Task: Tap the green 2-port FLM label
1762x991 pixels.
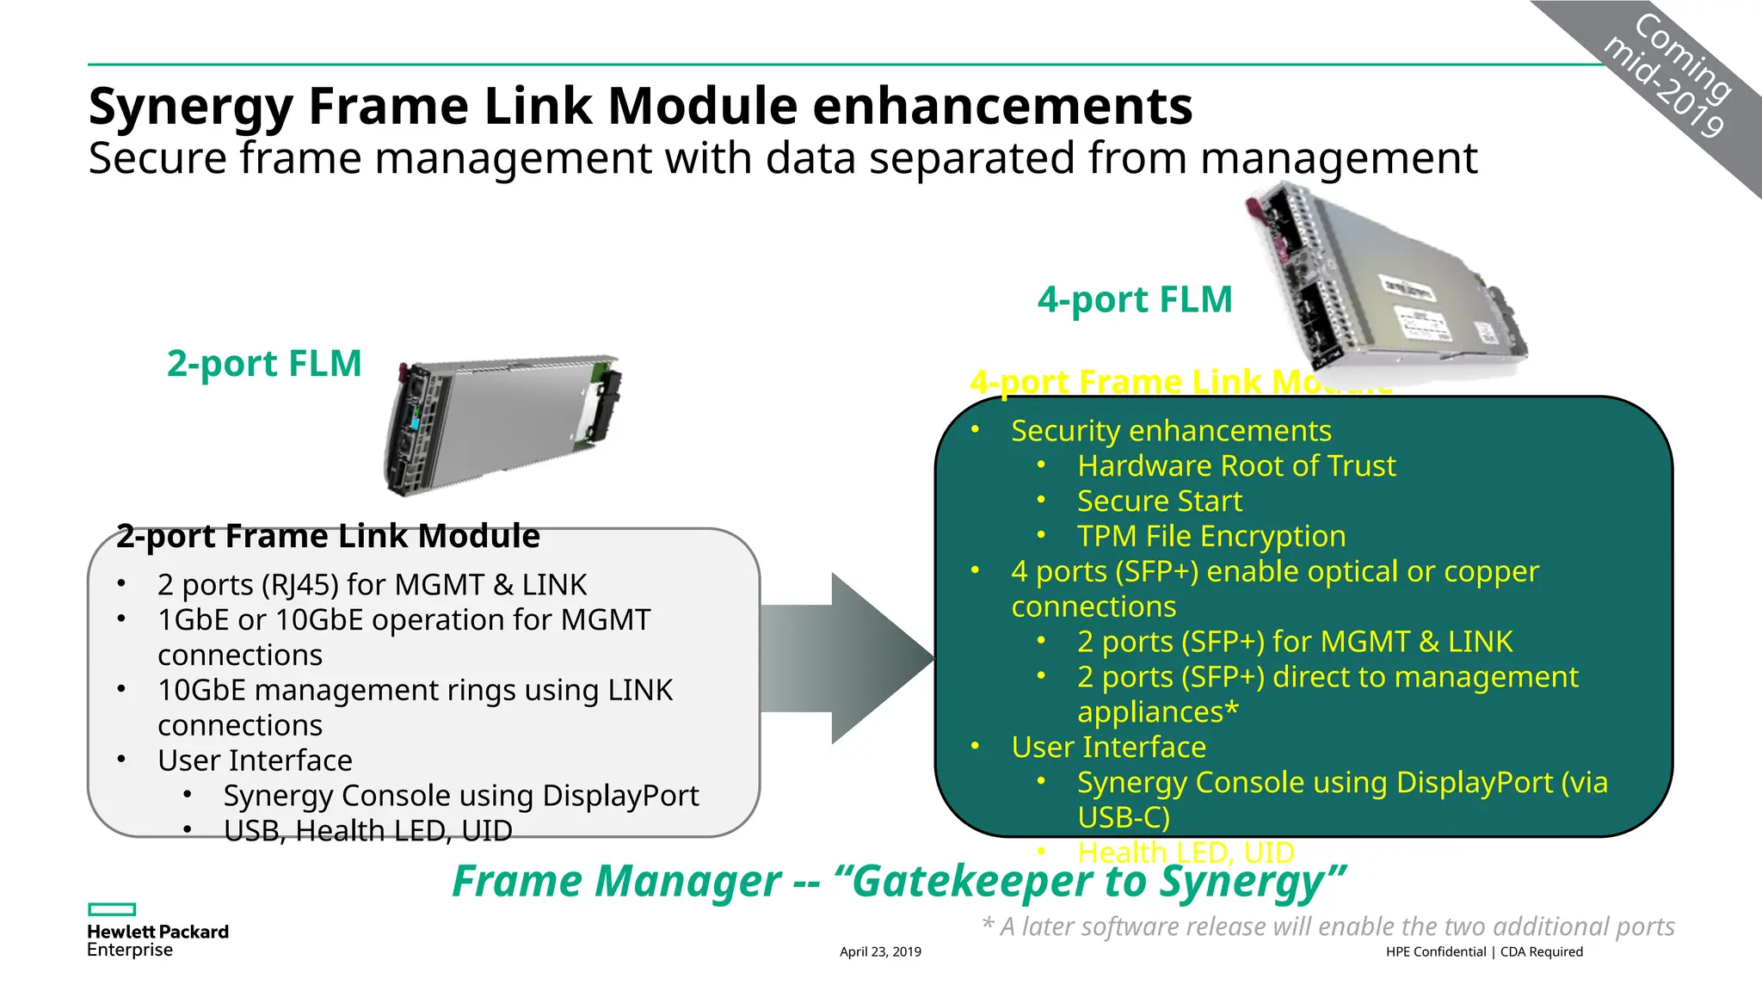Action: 264,363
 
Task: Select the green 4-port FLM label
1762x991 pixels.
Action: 1135,299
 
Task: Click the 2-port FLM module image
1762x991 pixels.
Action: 503,423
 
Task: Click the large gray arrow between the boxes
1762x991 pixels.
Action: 847,658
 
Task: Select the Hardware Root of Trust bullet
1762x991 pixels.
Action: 1235,465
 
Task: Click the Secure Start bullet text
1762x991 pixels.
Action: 1159,501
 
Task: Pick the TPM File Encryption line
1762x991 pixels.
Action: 1211,536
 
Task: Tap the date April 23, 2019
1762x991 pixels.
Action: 880,951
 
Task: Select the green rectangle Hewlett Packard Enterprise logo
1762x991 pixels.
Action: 112,909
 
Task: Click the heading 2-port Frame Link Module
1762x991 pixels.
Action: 328,536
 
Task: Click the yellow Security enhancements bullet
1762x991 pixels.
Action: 1170,430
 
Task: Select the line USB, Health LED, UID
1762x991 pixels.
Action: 367,831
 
